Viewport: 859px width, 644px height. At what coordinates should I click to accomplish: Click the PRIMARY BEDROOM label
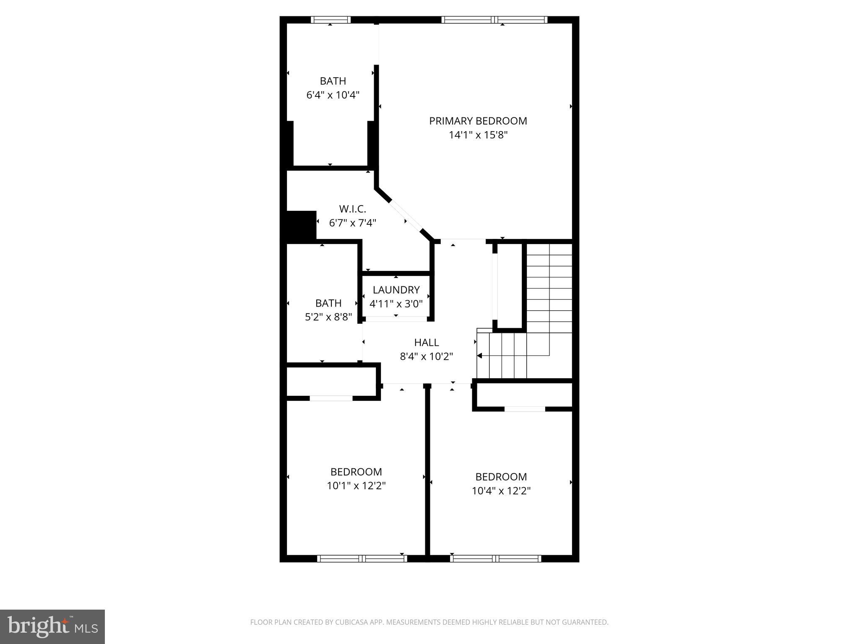[x=478, y=121]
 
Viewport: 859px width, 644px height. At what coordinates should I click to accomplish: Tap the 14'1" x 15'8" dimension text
[x=478, y=135]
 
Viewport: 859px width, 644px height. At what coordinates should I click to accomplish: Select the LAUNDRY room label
[x=396, y=290]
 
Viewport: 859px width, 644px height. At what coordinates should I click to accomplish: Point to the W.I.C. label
[x=352, y=209]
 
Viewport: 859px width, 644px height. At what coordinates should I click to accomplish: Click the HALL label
[x=427, y=343]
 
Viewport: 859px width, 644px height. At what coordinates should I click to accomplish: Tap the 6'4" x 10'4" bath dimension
[x=333, y=95]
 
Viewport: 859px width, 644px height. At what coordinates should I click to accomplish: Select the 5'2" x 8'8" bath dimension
[x=328, y=317]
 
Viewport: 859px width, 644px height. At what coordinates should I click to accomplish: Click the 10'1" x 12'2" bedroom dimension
[x=356, y=486]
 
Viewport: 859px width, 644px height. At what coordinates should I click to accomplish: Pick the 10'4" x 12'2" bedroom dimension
[x=501, y=491]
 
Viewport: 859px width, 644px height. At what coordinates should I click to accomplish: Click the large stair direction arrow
[x=480, y=356]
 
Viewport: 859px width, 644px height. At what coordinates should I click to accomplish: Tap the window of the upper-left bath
[x=331, y=20]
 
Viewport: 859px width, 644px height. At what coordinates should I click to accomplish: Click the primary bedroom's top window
[x=495, y=20]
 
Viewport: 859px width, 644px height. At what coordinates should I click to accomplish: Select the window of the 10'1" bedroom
[x=362, y=558]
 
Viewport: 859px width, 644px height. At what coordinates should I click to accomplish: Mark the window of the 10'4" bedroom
[x=495, y=558]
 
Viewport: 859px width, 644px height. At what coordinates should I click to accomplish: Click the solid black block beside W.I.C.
[x=301, y=226]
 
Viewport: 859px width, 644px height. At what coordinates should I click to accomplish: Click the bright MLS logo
[x=52, y=627]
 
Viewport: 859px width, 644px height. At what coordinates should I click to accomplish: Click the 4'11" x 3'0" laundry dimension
[x=396, y=304]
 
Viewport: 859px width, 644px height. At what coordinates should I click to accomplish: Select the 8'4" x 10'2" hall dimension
[x=427, y=357]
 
